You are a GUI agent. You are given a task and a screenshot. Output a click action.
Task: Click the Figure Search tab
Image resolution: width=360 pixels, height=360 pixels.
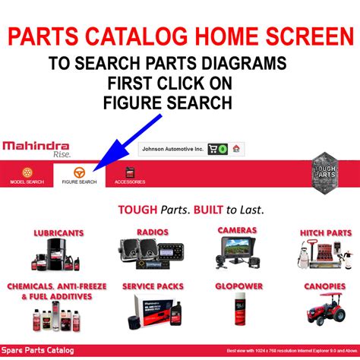(x=79, y=176)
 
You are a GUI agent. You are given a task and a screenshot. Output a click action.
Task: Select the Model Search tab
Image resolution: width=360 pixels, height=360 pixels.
(x=27, y=176)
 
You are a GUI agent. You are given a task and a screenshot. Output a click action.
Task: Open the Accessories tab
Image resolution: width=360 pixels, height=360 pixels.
(x=130, y=176)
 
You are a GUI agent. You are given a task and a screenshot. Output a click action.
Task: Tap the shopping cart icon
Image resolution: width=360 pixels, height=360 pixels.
(x=213, y=150)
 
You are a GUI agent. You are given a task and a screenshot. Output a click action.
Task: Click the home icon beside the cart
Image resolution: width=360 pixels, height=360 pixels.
(x=235, y=150)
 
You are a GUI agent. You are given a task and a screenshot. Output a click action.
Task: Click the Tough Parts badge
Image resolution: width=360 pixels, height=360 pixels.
(x=325, y=173)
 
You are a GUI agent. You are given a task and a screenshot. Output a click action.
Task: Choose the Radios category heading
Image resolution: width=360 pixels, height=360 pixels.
(x=153, y=231)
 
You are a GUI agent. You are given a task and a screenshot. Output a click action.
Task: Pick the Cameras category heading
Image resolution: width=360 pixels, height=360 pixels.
(x=237, y=229)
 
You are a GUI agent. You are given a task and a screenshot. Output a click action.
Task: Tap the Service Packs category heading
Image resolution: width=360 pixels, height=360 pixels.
(x=153, y=287)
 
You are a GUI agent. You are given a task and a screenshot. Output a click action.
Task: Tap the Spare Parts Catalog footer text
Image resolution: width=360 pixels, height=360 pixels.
(x=38, y=351)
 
